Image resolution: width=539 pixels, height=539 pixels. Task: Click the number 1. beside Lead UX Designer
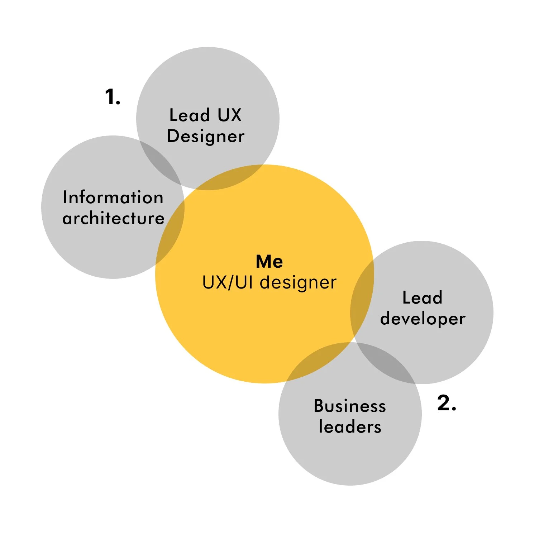pyautogui.click(x=113, y=97)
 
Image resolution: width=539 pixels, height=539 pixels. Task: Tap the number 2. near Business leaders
pyautogui.click(x=447, y=403)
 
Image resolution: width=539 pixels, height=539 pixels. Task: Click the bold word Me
pyautogui.click(x=269, y=262)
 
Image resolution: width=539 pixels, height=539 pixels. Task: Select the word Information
pyautogui.click(x=113, y=197)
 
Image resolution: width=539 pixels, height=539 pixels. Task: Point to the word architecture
pyautogui.click(x=113, y=218)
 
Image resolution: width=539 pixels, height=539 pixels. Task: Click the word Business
pyautogui.click(x=350, y=406)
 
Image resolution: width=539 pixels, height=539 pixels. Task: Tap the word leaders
pyautogui.click(x=350, y=427)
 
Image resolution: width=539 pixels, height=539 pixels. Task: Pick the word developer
pyautogui.click(x=423, y=319)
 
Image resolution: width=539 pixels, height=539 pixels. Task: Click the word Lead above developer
pyautogui.click(x=422, y=298)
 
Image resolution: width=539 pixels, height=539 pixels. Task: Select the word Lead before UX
pyautogui.click(x=189, y=115)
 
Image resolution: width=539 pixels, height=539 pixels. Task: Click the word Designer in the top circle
pyautogui.click(x=206, y=137)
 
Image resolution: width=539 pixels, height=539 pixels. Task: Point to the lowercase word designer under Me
pyautogui.click(x=298, y=283)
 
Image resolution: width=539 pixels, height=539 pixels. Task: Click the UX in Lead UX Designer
pyautogui.click(x=230, y=115)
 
